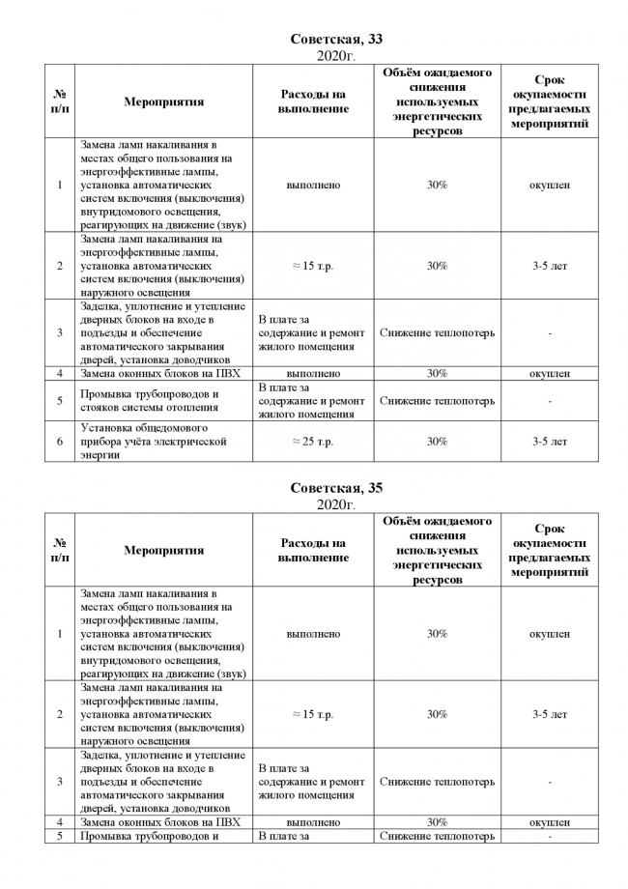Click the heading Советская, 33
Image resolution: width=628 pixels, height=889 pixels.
tap(336, 39)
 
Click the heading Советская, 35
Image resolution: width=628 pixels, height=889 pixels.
tap(336, 488)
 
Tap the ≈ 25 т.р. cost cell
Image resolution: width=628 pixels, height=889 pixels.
tap(313, 442)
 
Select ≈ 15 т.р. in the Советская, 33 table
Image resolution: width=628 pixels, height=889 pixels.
tap(313, 266)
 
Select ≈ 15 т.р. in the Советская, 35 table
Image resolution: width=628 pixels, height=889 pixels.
tap(313, 715)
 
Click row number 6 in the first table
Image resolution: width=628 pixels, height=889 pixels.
tap(60, 442)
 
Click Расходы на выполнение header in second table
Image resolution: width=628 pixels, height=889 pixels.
tap(313, 551)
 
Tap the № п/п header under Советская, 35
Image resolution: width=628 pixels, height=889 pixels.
tap(60, 551)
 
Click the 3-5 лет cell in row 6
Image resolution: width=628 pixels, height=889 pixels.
tap(549, 442)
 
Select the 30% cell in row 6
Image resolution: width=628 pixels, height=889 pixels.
tap(437, 442)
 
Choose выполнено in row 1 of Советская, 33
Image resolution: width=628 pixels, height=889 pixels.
tap(313, 185)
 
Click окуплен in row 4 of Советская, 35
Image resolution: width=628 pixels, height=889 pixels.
tap(549, 822)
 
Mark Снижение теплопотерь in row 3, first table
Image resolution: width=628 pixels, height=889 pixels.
tap(437, 333)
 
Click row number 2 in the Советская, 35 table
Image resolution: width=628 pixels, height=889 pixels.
tap(60, 715)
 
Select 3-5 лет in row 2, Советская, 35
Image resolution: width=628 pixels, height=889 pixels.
tap(549, 715)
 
